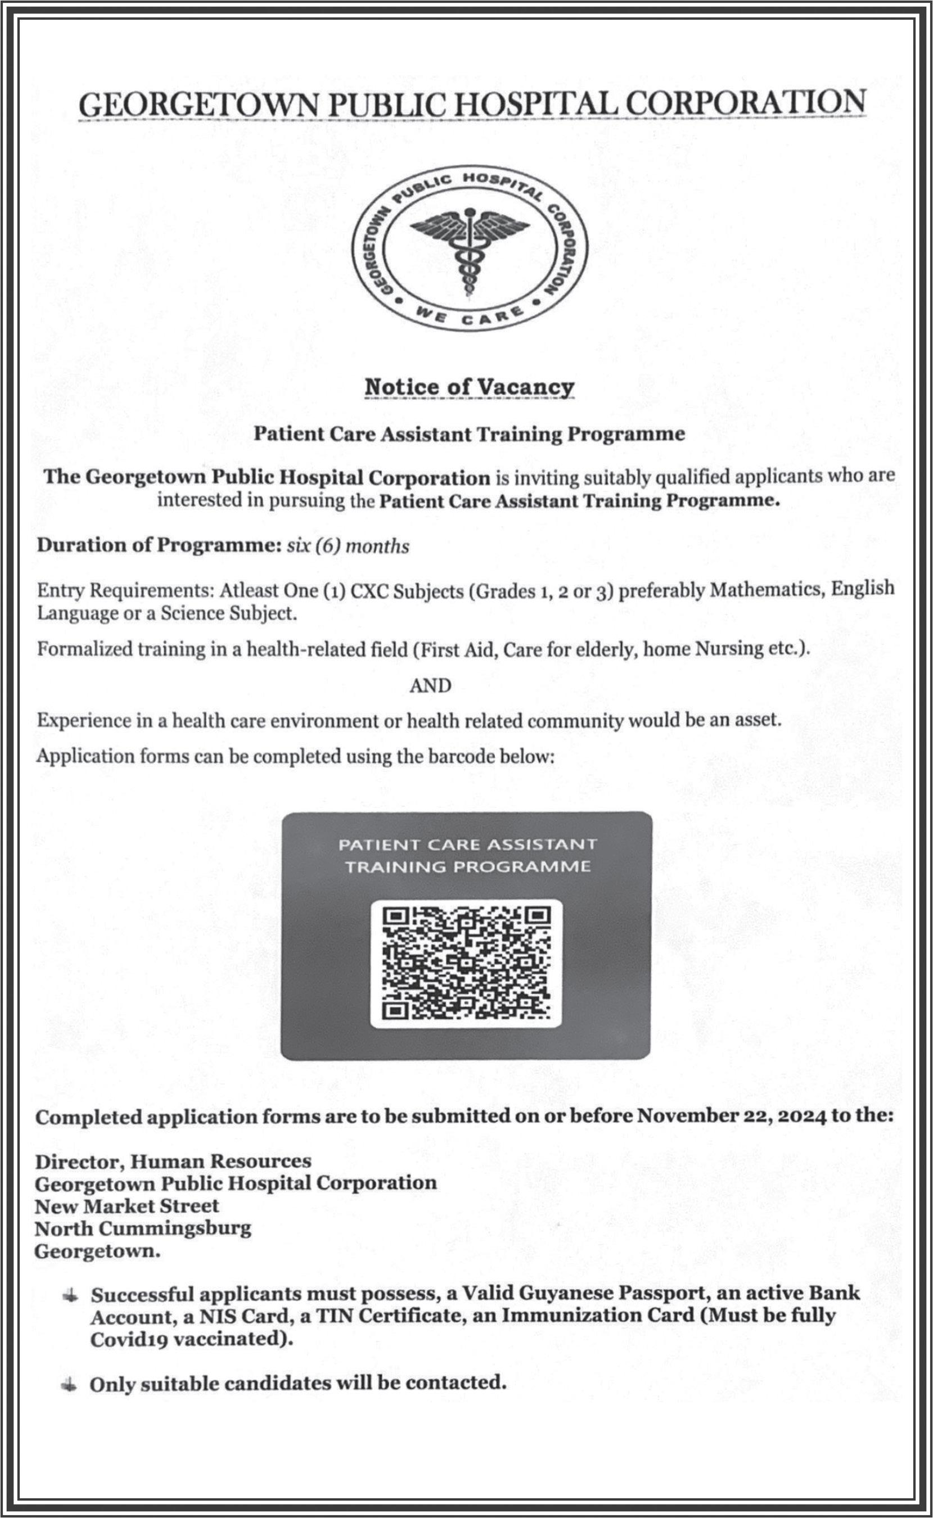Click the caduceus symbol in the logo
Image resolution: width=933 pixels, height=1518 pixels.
click(470, 250)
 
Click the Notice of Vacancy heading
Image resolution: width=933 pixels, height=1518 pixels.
click(470, 387)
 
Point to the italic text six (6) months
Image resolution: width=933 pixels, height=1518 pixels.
click(348, 546)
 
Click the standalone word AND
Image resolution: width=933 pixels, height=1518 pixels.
click(430, 685)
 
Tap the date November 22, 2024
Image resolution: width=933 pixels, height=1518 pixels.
click(731, 1116)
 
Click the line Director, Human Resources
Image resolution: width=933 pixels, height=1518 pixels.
click(173, 1162)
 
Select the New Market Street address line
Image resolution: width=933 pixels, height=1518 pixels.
click(127, 1206)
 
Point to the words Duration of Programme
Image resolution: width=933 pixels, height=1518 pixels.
click(159, 545)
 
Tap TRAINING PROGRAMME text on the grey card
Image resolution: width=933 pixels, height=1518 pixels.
click(467, 866)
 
